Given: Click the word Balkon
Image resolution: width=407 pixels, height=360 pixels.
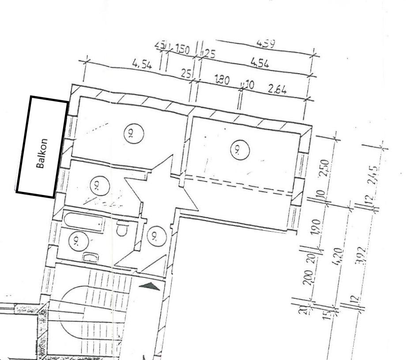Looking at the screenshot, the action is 42,154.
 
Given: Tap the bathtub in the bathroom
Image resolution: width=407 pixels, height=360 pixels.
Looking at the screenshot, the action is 83,221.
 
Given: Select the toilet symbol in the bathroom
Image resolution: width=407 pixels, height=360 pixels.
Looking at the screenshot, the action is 122,229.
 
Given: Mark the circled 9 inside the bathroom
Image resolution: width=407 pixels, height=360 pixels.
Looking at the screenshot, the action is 78,241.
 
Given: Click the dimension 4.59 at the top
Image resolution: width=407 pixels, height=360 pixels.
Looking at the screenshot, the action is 265,44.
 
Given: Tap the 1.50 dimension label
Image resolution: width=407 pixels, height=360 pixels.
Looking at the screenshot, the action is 182,49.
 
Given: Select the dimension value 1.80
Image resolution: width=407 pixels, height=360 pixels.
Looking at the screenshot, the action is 222,80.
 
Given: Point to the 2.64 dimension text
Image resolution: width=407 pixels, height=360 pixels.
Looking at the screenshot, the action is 277,89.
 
